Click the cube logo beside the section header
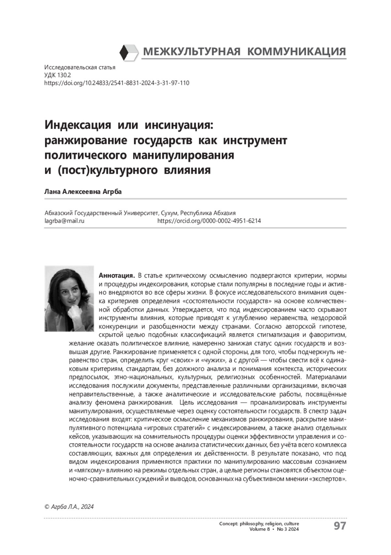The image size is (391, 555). [129, 52]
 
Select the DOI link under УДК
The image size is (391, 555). [117, 83]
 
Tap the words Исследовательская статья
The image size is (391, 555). [80, 68]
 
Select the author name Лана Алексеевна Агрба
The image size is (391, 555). [83, 192]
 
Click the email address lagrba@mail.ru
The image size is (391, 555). [65, 221]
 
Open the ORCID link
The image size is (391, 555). [209, 221]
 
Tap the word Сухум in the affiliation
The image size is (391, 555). [169, 213]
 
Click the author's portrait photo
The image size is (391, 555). [69, 299]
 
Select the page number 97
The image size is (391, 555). [340, 526]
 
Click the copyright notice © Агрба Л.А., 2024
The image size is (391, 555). [69, 506]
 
